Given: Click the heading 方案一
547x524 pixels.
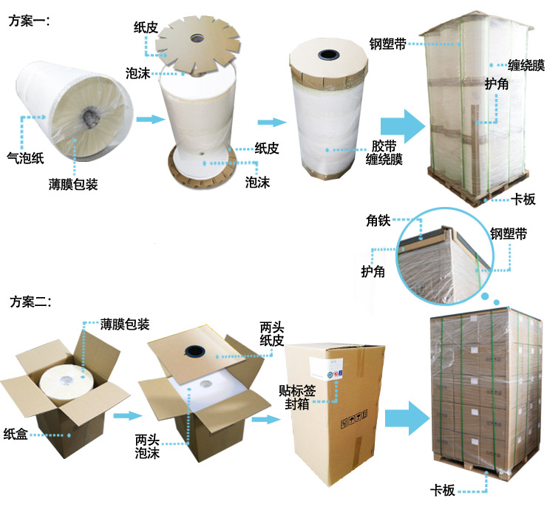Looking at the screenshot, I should coord(29,21).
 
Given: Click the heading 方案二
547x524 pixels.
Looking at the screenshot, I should coord(29,302).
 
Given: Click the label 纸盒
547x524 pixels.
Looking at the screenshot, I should coord(16,432).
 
